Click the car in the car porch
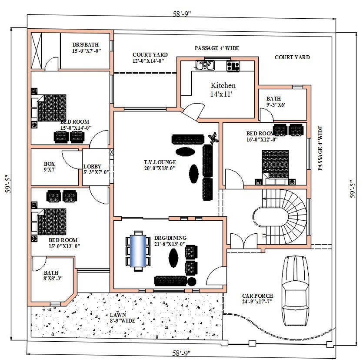[296, 288]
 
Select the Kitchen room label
[223, 89]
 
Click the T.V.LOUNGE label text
[160, 165]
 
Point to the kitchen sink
[204, 66]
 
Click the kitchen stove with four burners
[233, 66]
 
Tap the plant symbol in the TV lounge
[213, 138]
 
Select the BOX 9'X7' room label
[50, 167]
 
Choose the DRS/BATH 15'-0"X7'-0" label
[86, 47]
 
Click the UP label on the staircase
[263, 236]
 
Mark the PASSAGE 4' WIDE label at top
[216, 48]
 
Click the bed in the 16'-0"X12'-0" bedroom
[275, 165]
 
